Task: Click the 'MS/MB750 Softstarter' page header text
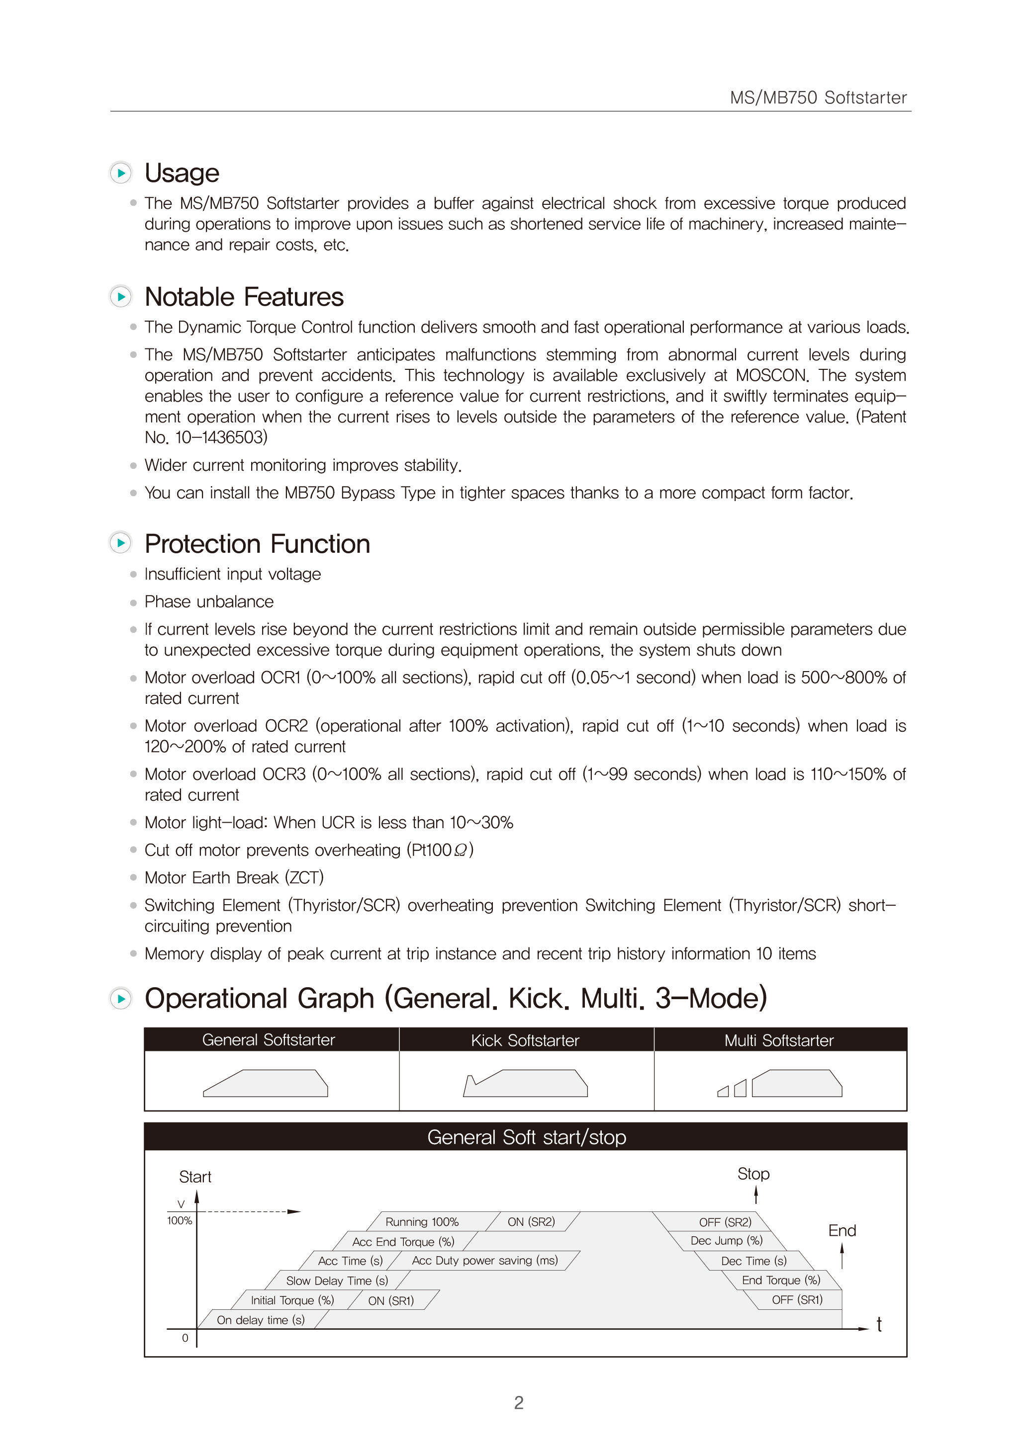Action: point(818,97)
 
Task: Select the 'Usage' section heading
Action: point(182,173)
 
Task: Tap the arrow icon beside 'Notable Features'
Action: point(120,296)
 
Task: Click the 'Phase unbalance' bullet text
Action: point(209,602)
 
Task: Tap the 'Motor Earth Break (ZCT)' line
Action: point(234,878)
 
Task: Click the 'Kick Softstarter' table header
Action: point(525,1040)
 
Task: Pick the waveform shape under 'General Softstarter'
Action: point(265,1084)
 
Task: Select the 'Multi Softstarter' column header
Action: point(779,1040)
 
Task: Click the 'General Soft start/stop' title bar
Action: point(526,1137)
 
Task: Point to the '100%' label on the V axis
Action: point(179,1221)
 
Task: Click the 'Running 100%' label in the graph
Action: point(422,1222)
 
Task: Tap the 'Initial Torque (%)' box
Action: point(292,1300)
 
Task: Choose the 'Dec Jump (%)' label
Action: point(726,1240)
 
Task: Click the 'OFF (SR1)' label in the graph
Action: point(796,1300)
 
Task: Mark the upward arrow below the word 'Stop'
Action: point(756,1195)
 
